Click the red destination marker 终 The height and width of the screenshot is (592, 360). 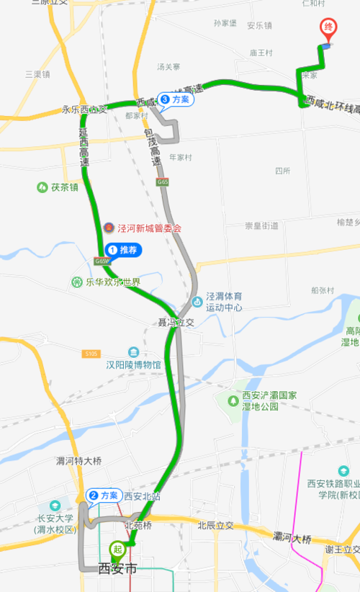[328, 28]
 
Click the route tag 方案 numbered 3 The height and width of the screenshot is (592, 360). [176, 99]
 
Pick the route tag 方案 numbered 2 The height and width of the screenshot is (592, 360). [104, 495]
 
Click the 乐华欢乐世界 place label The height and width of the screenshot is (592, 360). [112, 282]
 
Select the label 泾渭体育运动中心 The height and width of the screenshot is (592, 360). [224, 302]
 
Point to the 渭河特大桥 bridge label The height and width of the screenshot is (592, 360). [79, 461]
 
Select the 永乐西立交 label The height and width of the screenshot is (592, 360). [85, 110]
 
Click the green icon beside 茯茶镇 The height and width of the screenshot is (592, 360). [42, 187]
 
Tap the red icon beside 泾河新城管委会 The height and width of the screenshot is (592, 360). [108, 228]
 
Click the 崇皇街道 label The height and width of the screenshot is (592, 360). [261, 225]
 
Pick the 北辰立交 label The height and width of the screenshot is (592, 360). [216, 526]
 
